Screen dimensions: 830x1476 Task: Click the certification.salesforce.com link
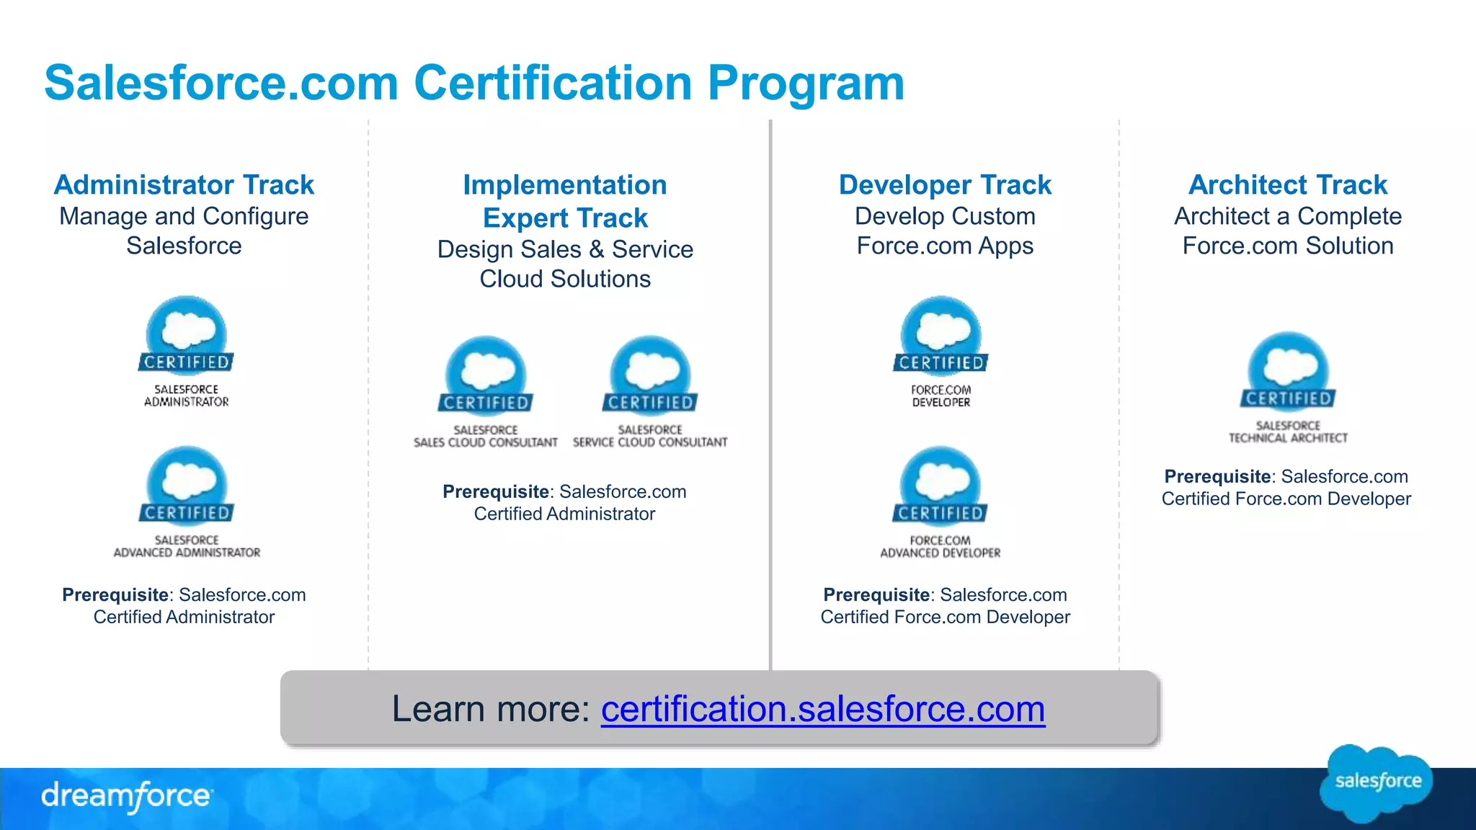coord(822,709)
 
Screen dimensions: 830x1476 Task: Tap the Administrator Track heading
coord(184,185)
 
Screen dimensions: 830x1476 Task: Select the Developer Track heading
coord(945,185)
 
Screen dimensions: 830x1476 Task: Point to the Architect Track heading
coord(1287,185)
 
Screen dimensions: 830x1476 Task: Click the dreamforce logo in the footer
coord(126,796)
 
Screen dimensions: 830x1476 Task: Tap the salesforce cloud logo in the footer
coord(1377,782)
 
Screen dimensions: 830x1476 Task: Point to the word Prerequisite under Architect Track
coord(1217,476)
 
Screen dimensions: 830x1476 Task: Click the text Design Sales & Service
coord(565,249)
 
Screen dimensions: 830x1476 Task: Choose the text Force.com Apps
coord(945,246)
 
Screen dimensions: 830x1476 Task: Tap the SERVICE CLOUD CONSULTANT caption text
coord(650,442)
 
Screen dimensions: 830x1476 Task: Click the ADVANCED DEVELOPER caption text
coord(941,553)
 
